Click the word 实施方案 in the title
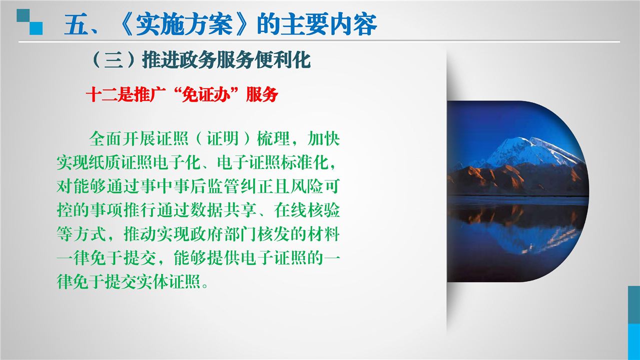[184, 24]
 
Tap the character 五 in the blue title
[76, 24]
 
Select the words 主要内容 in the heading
[329, 24]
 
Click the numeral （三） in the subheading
[114, 60]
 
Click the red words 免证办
[206, 94]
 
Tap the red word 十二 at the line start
[102, 94]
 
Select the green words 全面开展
[122, 138]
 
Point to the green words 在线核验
[307, 210]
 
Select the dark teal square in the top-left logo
[23, 15]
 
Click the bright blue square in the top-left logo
[37, 28]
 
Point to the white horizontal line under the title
[319, 41]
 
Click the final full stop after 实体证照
[205, 286]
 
